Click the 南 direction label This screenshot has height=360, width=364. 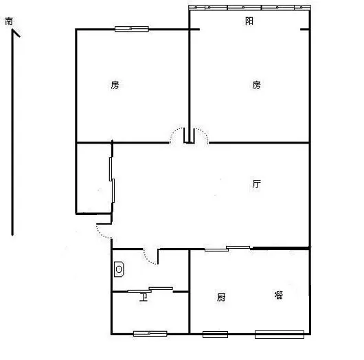(x=9, y=21)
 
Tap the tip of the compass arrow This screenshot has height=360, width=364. (x=12, y=30)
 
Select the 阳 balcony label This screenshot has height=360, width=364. (x=249, y=21)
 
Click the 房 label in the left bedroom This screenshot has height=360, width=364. (x=115, y=85)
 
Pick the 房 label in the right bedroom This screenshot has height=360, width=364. (x=257, y=85)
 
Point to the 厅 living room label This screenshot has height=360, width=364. (x=257, y=184)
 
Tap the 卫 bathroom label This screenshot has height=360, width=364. (x=144, y=297)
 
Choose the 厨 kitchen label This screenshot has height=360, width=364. (x=221, y=297)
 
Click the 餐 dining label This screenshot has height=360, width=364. (x=279, y=295)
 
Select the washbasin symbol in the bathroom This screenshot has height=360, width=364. (x=119, y=269)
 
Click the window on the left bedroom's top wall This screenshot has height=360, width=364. (x=132, y=29)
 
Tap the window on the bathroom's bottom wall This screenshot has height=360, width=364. (x=150, y=334)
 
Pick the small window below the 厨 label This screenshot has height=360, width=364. (x=215, y=335)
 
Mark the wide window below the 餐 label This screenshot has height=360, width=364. (x=280, y=335)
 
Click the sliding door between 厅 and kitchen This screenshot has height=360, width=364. (x=227, y=249)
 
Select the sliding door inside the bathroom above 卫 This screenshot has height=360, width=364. (x=150, y=290)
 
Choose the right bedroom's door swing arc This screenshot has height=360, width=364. (x=204, y=133)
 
